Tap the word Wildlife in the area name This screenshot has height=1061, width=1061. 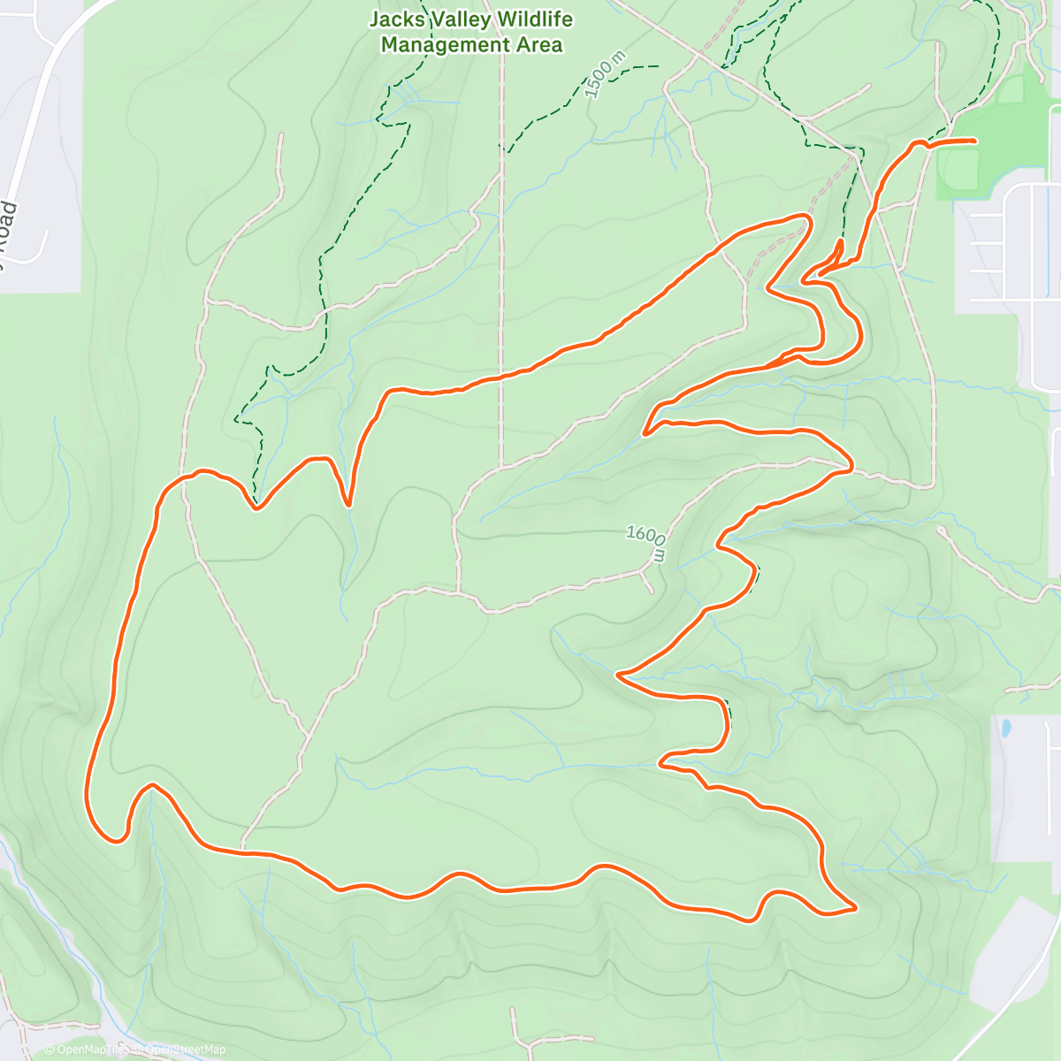[x=532, y=19]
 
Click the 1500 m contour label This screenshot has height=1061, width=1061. [x=606, y=74]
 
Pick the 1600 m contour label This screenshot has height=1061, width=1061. [x=646, y=542]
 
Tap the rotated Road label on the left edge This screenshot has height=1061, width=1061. [x=7, y=234]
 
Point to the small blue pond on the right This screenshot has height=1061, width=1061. [x=1005, y=729]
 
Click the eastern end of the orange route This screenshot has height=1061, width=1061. [x=973, y=141]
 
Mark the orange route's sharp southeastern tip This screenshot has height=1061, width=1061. [x=855, y=907]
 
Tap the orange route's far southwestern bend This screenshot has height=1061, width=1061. [x=113, y=840]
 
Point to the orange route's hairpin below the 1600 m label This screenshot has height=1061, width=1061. [x=619, y=676]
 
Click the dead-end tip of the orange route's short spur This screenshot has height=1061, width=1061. [x=839, y=240]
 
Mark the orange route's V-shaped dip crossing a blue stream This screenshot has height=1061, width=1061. [x=349, y=505]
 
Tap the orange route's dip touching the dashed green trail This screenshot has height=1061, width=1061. [x=256, y=508]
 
